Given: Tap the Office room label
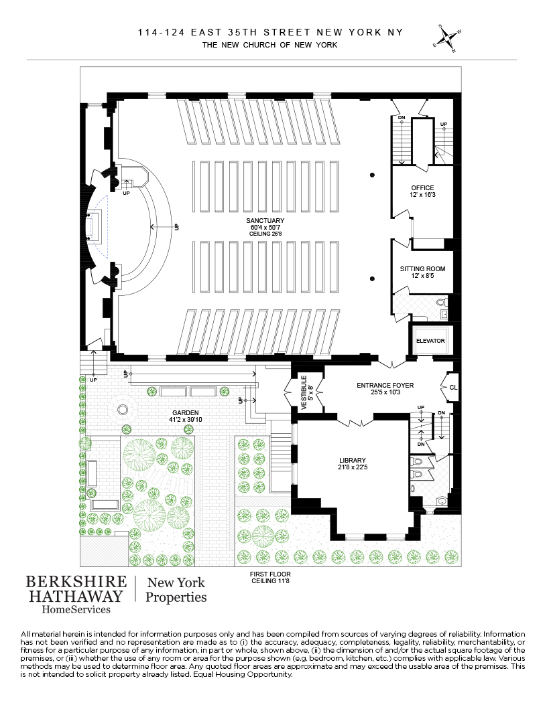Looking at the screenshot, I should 422,188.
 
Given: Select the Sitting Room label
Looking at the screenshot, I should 422,269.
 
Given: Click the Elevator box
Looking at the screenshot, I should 430,341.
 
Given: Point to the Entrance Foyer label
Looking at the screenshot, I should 385,386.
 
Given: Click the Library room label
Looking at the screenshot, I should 352,460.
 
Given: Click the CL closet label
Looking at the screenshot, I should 453,388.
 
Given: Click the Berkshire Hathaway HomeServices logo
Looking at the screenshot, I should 74,593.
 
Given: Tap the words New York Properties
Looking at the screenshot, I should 176,590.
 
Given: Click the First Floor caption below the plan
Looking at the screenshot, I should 270,574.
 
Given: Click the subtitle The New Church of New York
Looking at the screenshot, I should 270,45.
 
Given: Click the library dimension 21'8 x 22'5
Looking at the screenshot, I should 352,467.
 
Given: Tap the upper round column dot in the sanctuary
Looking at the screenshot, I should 371,175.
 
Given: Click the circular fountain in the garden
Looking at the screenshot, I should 123,410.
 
